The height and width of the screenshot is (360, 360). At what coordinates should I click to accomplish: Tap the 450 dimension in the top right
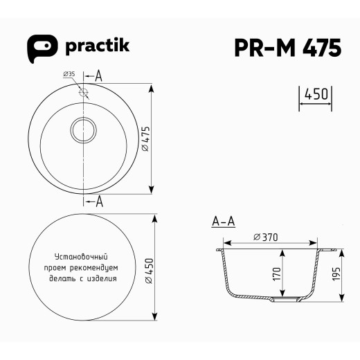(x=316, y=94)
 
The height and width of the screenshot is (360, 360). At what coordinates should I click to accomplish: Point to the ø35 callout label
(x=69, y=74)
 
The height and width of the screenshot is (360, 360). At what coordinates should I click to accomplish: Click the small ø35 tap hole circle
(x=84, y=91)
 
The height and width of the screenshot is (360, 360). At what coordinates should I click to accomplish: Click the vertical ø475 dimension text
(x=145, y=138)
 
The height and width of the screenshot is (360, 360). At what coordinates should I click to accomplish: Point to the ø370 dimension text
(x=266, y=237)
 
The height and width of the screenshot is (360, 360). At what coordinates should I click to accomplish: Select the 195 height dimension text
(x=336, y=273)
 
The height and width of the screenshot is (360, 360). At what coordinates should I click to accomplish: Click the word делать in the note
(x=63, y=278)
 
